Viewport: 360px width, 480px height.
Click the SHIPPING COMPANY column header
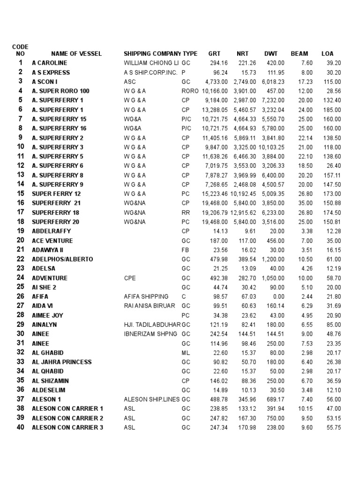(152, 54)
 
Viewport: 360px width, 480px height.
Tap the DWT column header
(271, 54)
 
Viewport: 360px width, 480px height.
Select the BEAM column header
(300, 54)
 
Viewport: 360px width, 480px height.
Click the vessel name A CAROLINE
(49, 63)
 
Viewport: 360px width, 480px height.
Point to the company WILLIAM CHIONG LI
(151, 63)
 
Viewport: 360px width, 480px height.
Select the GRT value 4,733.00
(216, 82)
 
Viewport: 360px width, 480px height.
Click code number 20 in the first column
(20, 240)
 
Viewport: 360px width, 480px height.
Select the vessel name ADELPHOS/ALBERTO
(62, 259)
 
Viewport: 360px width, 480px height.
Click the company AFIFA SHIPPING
(146, 297)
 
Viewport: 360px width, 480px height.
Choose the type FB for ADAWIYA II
(185, 250)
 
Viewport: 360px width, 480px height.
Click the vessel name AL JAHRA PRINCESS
(62, 362)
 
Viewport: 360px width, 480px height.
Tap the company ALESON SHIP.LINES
(152, 399)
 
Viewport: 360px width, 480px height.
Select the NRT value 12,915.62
(245, 212)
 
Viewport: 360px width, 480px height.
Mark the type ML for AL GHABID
(185, 352)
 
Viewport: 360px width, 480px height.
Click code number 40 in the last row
(20, 427)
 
